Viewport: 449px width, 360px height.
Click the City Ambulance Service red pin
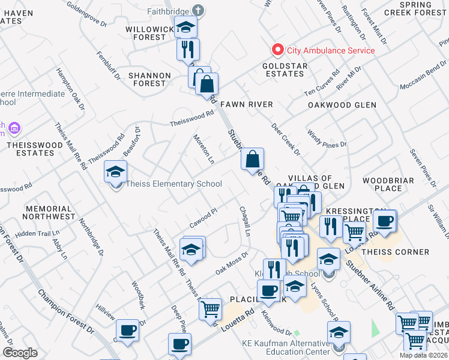(x=277, y=50)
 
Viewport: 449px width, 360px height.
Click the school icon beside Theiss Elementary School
(x=115, y=172)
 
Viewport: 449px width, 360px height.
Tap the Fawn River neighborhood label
(x=246, y=104)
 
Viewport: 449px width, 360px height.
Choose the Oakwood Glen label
(x=342, y=104)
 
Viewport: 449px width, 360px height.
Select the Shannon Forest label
(x=149, y=79)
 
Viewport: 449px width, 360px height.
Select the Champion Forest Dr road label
(x=66, y=312)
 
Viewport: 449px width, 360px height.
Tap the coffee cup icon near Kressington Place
(x=384, y=220)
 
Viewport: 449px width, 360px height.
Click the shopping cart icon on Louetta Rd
(x=210, y=310)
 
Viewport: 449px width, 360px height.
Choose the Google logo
(x=20, y=353)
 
